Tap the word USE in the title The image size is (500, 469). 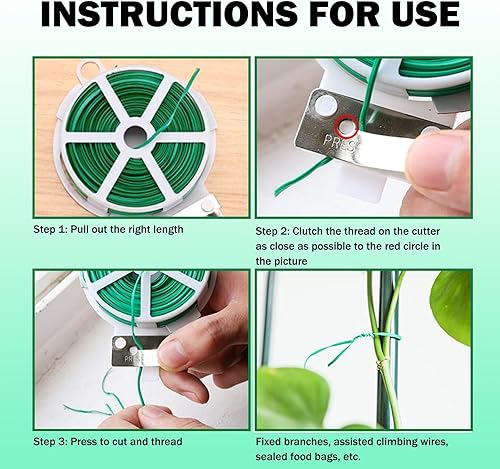(426, 14)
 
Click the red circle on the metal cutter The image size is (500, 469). (347, 127)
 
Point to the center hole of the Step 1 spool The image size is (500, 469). (136, 137)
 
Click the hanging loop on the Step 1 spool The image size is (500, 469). (89, 71)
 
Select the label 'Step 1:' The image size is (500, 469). (50, 230)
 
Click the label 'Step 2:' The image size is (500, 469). (272, 231)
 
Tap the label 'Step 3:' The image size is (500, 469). (50, 442)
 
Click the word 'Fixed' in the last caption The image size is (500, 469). (268, 442)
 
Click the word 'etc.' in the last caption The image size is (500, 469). (351, 457)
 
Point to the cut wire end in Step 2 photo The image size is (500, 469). (277, 192)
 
